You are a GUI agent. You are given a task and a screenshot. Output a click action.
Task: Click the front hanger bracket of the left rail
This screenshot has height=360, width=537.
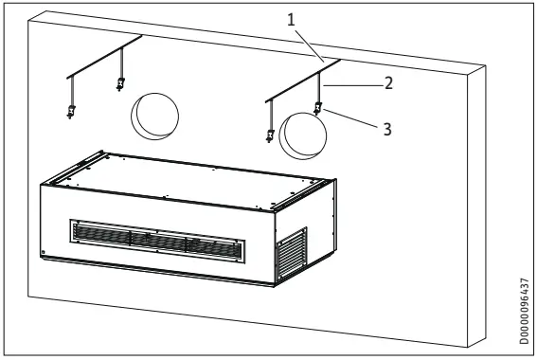coord(71,113)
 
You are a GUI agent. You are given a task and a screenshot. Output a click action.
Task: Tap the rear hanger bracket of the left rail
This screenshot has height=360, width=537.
coord(120,83)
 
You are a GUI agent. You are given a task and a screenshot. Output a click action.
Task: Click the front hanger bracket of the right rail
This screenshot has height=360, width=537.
coord(270,136)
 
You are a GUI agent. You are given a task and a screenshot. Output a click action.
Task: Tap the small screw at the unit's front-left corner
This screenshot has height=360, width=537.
coord(44,253)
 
